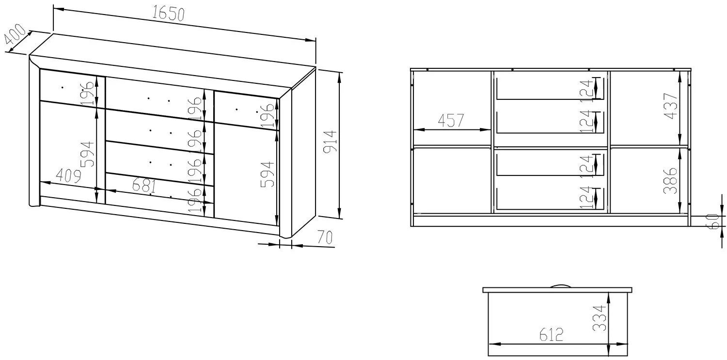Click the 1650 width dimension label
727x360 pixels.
coord(168,14)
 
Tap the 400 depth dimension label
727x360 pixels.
coord(15,34)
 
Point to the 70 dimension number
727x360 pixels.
coord(325,237)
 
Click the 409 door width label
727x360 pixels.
coord(68,176)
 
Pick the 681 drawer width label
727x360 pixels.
coord(144,186)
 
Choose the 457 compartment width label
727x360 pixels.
coord(451,120)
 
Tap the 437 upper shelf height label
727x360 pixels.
coord(671,106)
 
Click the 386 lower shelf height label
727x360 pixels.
coord(670,181)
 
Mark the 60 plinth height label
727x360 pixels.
coord(713,221)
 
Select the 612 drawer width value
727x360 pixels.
coord(552,335)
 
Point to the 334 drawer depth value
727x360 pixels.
coord(599,318)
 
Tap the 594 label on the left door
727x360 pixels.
coord(87,155)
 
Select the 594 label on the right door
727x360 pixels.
coord(268,174)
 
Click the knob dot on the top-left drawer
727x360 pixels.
coord(63,87)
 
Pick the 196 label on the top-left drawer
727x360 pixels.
coord(88,93)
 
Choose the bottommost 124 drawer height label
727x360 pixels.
coord(586,197)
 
